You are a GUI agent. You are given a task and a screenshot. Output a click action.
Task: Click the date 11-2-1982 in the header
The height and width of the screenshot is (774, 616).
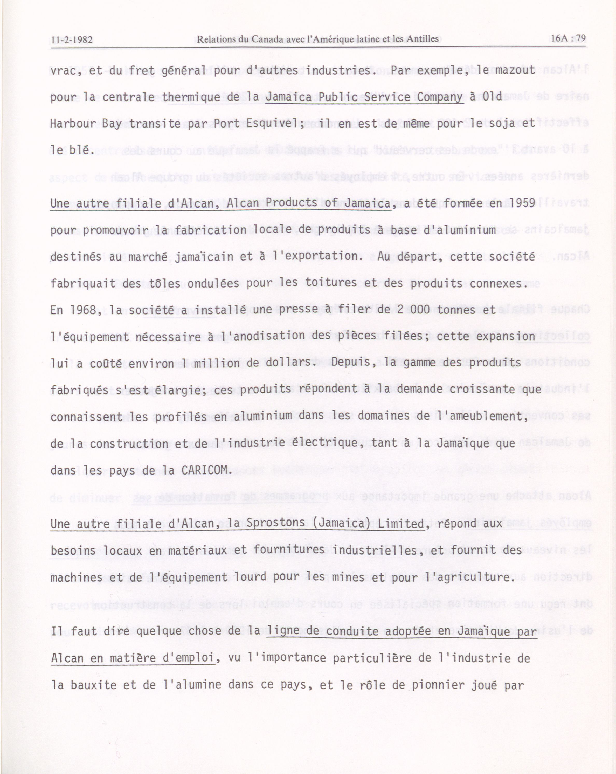pyautogui.click(x=72, y=39)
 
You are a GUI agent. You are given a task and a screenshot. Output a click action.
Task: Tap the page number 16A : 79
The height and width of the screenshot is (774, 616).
pyautogui.click(x=568, y=38)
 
